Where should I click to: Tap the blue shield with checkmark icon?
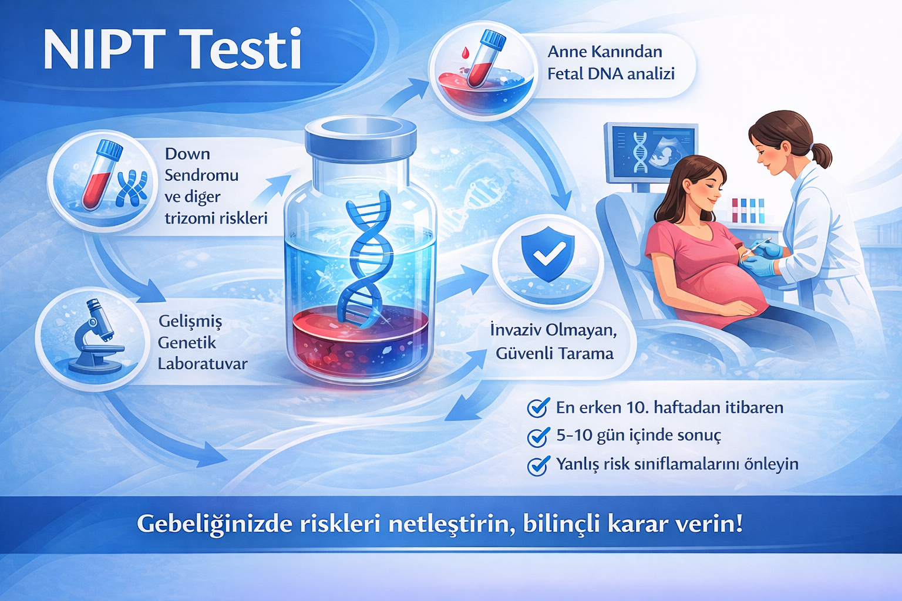click(x=547, y=254)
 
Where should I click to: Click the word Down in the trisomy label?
click(x=187, y=154)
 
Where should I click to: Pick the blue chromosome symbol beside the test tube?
click(x=132, y=188)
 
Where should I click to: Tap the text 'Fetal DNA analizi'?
click(x=611, y=74)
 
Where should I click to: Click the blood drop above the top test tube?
click(x=466, y=52)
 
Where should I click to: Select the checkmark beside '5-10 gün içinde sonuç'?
click(x=537, y=437)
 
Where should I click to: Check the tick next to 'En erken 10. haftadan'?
click(x=537, y=407)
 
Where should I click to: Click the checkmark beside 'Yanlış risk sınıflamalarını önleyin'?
click(x=537, y=465)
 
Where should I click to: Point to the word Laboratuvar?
click(x=203, y=364)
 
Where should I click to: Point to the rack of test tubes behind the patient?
click(x=748, y=210)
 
